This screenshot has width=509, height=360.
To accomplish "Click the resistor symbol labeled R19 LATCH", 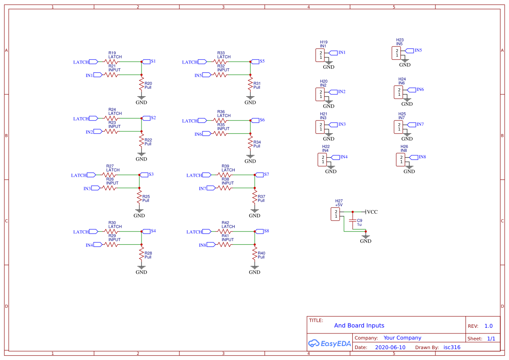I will (x=111, y=62).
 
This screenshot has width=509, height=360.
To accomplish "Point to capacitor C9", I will (x=353, y=222).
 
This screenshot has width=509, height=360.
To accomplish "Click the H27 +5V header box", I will (x=335, y=214).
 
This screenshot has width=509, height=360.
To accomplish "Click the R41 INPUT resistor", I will (x=225, y=245).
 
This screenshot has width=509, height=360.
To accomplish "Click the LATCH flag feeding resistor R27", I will (x=91, y=175).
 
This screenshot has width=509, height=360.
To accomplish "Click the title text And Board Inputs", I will (x=359, y=325).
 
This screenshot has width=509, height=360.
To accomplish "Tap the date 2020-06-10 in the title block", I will (x=390, y=347).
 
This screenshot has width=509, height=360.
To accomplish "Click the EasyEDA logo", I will (x=329, y=343).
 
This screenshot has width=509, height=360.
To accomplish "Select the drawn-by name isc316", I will (x=452, y=347).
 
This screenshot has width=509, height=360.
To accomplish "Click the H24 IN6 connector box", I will (x=398, y=92).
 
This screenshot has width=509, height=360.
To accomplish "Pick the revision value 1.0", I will (x=488, y=326).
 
